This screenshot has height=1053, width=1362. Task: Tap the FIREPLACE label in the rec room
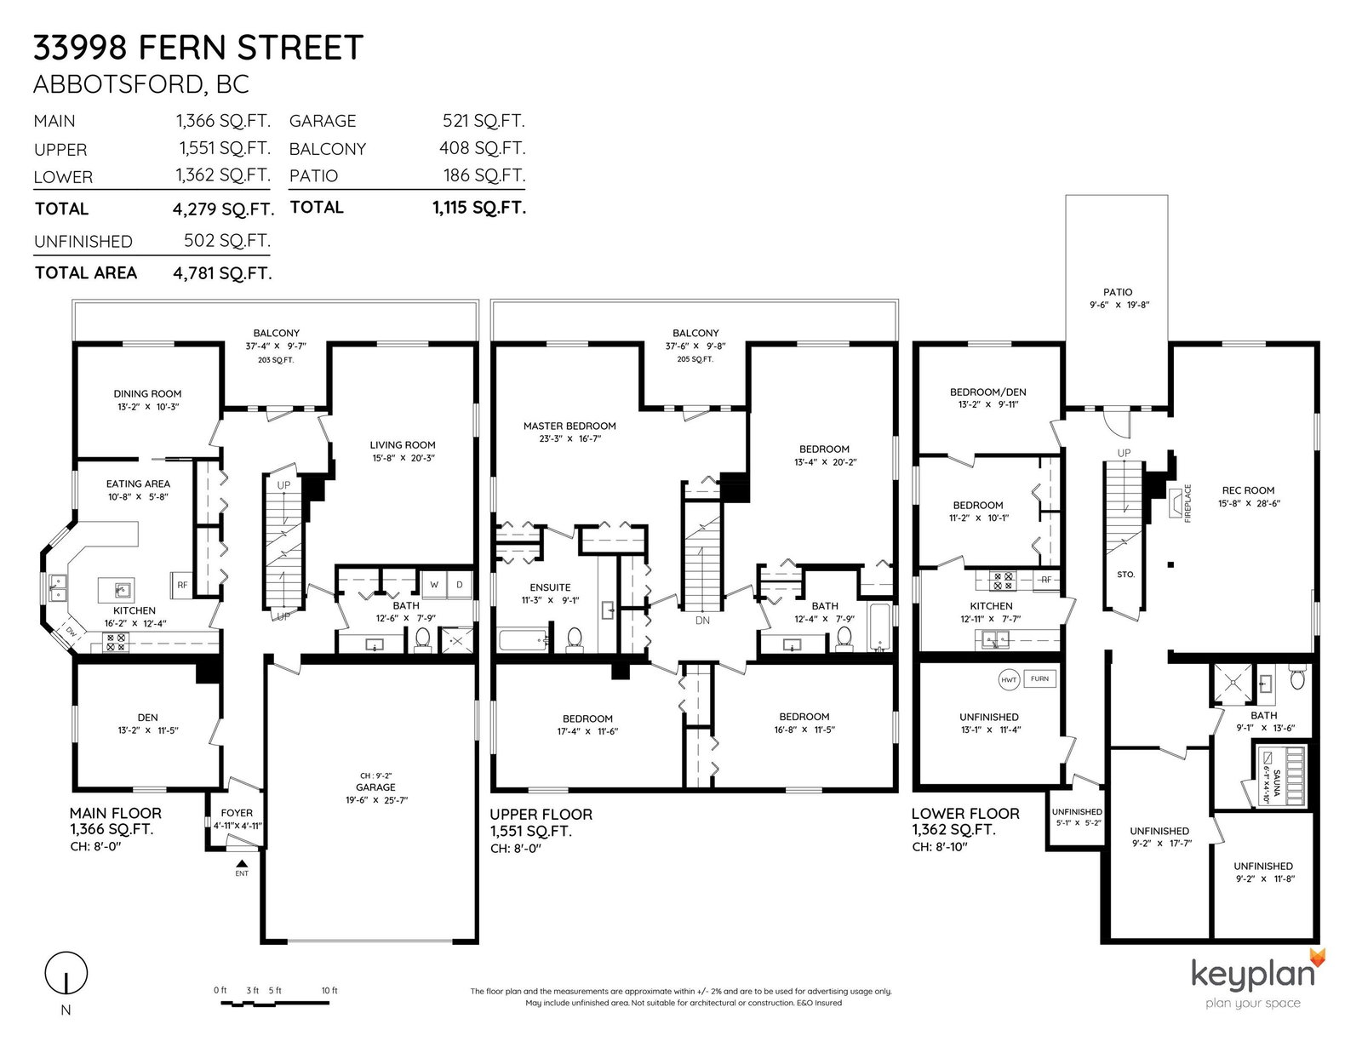click(1187, 503)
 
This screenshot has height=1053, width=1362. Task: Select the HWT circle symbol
click(1009, 680)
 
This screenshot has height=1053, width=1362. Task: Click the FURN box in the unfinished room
click(1040, 678)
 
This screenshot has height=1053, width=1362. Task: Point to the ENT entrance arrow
click(242, 864)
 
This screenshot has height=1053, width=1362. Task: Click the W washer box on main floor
click(434, 585)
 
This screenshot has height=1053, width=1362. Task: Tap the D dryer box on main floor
click(460, 585)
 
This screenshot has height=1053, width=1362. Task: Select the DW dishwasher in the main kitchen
click(71, 633)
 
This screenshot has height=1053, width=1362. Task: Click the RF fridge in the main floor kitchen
click(182, 586)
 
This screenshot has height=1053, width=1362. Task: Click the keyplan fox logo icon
click(1318, 959)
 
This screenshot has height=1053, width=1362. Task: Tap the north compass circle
click(66, 973)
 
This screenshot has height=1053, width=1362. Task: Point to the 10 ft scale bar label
click(329, 991)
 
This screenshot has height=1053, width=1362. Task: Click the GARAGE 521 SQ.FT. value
click(484, 120)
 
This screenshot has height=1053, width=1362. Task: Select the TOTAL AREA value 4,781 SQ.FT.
click(222, 273)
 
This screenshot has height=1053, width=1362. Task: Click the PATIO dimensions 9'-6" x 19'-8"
click(1119, 306)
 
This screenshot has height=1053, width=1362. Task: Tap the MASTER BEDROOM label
click(569, 426)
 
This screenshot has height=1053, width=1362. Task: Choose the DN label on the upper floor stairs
click(702, 621)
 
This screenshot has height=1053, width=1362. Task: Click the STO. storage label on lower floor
click(1125, 574)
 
